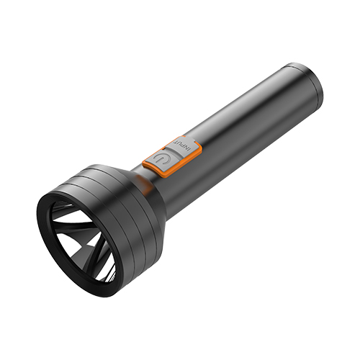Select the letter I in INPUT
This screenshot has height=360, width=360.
(x=189, y=150)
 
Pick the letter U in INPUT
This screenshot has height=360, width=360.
(x=180, y=144)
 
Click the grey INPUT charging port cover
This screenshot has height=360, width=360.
(x=183, y=145)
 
